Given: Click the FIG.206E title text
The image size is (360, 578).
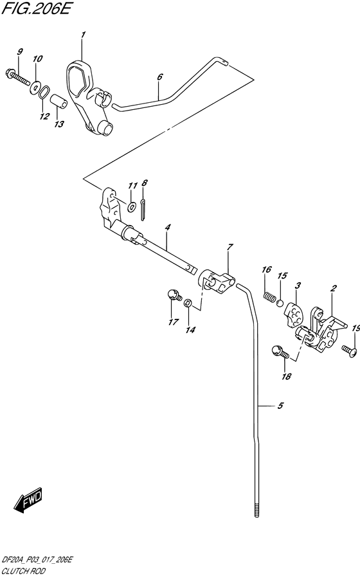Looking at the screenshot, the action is pos(35,9).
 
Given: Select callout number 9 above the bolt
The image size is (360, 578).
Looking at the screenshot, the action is pos(20,51).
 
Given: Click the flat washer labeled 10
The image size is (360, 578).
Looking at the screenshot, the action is pos(35,87).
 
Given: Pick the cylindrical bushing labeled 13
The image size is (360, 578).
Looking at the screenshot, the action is pos(59,102).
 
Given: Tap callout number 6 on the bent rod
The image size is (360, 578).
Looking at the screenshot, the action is pos(159,77).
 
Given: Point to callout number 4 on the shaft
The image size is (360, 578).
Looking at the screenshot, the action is pos(167,228).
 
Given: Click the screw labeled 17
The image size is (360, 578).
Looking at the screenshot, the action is pos(175,294).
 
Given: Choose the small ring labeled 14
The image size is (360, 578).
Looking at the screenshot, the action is pos(188,303).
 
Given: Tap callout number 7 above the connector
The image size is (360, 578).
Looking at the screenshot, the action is pos(230,247).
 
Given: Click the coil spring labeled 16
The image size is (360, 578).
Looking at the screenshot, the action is pos(269,296).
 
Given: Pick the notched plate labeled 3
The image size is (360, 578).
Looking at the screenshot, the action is pos(293,314).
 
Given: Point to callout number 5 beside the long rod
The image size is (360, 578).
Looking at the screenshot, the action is pos(280,406).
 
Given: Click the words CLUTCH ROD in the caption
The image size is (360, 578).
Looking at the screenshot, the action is pos(24,571).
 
